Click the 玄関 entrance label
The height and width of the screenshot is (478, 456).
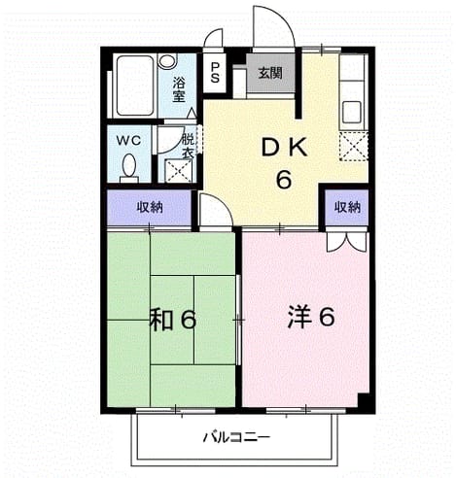click(270, 74)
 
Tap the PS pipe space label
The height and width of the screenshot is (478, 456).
click(215, 73)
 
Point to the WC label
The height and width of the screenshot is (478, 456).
click(128, 141)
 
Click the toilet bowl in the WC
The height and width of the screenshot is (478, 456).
click(129, 168)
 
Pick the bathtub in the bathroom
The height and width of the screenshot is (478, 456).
click(134, 85)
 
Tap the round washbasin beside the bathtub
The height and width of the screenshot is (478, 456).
click(167, 61)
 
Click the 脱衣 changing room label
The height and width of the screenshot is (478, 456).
click(188, 147)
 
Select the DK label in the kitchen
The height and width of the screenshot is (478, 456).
click(284, 149)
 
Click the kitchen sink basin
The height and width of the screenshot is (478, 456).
click(351, 112)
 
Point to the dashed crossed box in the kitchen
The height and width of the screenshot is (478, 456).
click(354, 147)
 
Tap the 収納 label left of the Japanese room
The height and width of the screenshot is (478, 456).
click(150, 207)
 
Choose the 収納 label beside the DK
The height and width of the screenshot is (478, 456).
click(347, 207)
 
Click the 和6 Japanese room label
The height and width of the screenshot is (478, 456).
click(173, 320)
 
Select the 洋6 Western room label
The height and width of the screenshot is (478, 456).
click(311, 318)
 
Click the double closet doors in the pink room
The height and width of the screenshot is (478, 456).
click(347, 241)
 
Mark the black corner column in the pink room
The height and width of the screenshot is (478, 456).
click(364, 401)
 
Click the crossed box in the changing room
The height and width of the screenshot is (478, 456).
click(179, 171)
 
